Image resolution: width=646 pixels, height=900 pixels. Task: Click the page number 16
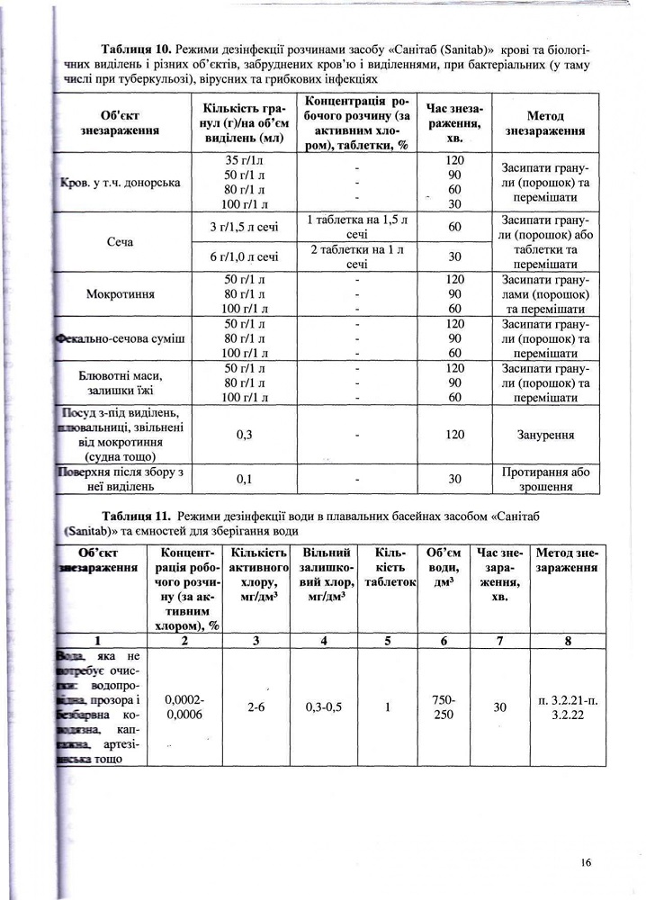point(586,862)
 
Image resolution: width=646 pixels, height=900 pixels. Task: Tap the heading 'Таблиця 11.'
point(136,516)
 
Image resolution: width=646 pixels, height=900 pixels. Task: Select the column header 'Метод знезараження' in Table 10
point(545,123)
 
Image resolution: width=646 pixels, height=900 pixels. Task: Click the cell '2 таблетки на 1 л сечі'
point(357,256)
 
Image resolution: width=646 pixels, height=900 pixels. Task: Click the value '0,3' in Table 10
point(244,435)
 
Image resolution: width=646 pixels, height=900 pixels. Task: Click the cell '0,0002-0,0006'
point(184,706)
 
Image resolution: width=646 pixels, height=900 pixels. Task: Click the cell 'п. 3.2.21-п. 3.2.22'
point(567,706)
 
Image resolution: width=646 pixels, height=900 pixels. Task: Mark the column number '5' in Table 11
point(388,641)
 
